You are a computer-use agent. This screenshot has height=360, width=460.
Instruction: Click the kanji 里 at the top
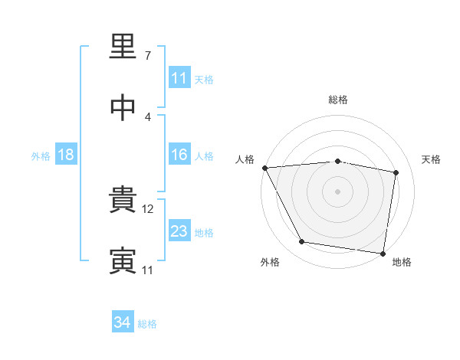[x=123, y=46]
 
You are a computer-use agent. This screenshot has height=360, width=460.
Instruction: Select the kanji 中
[x=123, y=107]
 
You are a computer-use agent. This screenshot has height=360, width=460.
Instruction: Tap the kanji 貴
[x=123, y=199]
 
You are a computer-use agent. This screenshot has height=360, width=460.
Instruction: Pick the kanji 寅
[x=123, y=261]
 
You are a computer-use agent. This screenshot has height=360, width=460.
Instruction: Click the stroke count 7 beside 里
[x=148, y=56]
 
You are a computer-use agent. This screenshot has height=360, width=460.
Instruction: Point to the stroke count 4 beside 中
[x=148, y=117]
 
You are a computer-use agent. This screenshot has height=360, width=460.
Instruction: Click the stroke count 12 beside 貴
[x=147, y=209]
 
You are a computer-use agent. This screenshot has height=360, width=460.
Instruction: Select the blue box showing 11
[x=179, y=77]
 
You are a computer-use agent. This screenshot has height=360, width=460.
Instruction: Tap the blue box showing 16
[x=179, y=154]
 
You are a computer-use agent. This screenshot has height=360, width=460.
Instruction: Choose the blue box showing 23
[x=179, y=230]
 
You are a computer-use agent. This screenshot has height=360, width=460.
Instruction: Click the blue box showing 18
[x=66, y=154]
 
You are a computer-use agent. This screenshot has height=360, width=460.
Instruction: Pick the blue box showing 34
[x=123, y=321]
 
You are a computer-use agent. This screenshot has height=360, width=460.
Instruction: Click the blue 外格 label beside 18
[x=41, y=156]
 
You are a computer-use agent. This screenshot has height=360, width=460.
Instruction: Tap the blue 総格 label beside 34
[x=147, y=324]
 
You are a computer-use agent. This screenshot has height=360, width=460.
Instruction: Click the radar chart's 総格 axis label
[x=338, y=100]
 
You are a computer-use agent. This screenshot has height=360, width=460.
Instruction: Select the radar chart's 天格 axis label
[x=431, y=159]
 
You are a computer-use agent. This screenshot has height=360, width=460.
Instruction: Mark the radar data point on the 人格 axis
[x=265, y=168]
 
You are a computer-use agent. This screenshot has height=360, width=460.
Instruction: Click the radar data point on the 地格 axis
[x=383, y=254]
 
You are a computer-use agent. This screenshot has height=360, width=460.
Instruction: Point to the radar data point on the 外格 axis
[x=301, y=241]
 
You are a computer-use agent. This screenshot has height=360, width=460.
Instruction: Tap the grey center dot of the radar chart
[x=337, y=191]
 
